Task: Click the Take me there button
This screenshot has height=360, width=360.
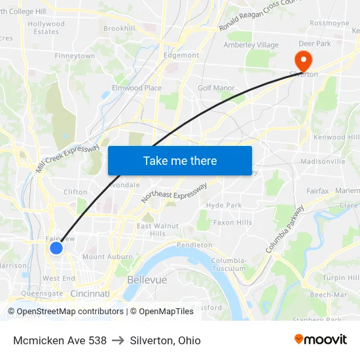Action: pyautogui.click(x=179, y=160)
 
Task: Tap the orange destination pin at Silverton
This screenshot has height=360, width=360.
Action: pyautogui.click(x=304, y=60)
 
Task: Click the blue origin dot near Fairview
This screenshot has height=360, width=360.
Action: pyautogui.click(x=56, y=248)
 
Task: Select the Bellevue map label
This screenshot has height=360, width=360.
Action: pyautogui.click(x=147, y=279)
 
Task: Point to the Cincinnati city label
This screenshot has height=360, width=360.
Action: pyautogui.click(x=90, y=294)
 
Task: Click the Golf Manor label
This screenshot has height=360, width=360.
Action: pyautogui.click(x=216, y=88)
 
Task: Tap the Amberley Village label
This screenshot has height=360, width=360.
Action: pyautogui.click(x=251, y=45)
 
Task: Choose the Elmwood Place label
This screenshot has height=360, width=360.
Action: pyautogui.click(x=137, y=88)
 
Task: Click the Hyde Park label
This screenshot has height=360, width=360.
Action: pyautogui.click(x=224, y=206)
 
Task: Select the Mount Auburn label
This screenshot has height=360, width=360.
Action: pyautogui.click(x=107, y=257)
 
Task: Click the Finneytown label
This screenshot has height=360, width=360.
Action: pyautogui.click(x=75, y=56)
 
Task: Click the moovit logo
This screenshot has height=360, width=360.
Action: pyautogui.click(x=321, y=340)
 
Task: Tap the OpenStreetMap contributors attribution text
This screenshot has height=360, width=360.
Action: pyautogui.click(x=67, y=312)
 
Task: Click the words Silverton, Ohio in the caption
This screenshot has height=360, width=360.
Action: pyautogui.click(x=165, y=340)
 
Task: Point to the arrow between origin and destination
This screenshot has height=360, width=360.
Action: pyautogui.click(x=118, y=340)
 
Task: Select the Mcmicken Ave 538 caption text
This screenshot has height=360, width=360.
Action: pyautogui.click(x=60, y=340)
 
